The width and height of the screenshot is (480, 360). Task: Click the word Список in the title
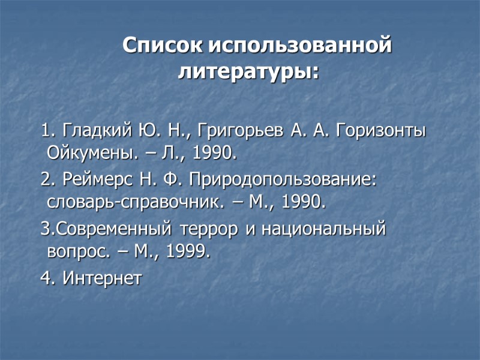(163, 46)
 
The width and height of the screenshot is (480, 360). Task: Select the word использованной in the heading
(301, 46)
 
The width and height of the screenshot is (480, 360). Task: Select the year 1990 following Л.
(214, 154)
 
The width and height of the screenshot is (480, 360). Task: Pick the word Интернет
(103, 278)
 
